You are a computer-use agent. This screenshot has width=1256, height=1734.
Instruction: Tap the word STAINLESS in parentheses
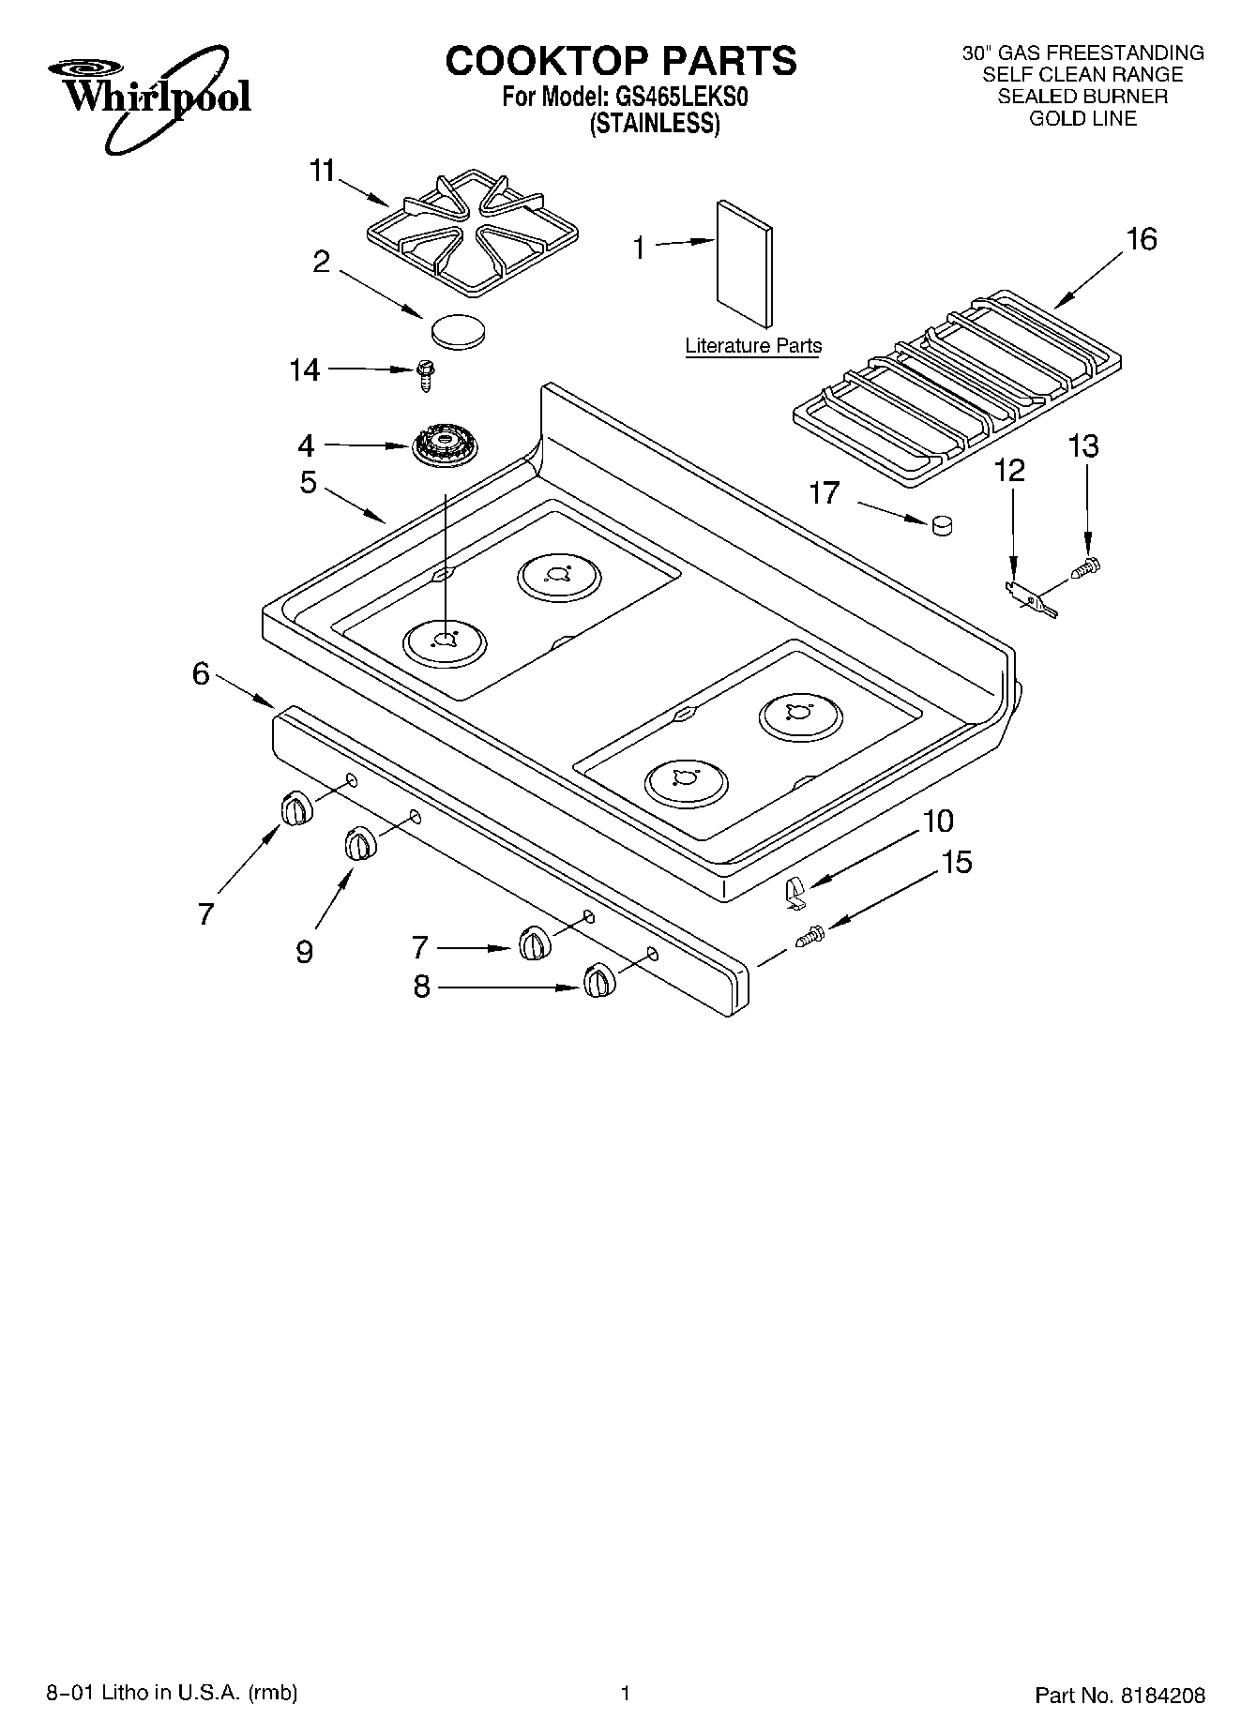[x=654, y=124]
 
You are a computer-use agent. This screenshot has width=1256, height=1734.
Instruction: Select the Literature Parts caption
[x=753, y=345]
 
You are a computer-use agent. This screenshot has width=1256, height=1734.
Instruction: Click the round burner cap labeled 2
[x=459, y=331]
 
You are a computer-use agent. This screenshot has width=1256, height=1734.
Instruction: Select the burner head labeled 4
[x=444, y=446]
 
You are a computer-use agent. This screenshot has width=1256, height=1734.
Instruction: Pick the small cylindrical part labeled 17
[x=942, y=526]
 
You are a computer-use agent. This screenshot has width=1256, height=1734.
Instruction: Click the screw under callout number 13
[x=1088, y=566]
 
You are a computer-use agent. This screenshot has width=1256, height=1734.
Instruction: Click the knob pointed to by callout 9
[x=359, y=843]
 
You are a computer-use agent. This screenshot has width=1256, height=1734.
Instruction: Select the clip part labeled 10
[x=795, y=892]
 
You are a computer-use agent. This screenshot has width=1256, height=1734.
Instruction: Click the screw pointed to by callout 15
[x=810, y=936]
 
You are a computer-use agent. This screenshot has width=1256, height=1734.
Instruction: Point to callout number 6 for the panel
[x=201, y=673]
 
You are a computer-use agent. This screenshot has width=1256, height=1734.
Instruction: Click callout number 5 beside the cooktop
[x=308, y=482]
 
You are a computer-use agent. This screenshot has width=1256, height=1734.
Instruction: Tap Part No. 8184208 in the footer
[x=1119, y=1695]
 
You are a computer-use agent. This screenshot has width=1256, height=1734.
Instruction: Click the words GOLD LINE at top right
[x=1082, y=118]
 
